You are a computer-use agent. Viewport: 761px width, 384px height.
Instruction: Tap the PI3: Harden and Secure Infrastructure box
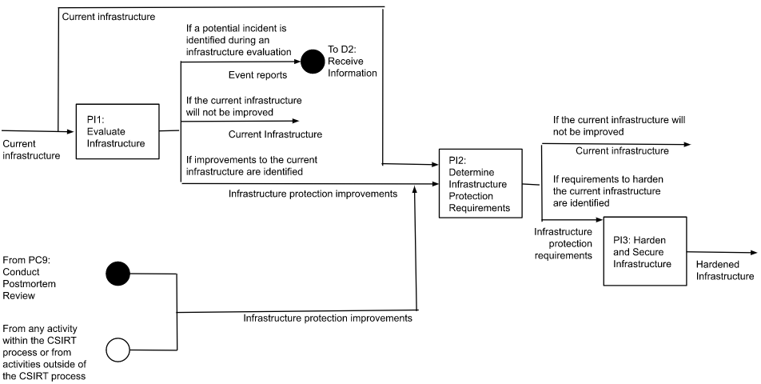pos(644,250)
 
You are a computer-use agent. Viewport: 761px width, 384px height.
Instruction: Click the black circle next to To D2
pos(312,62)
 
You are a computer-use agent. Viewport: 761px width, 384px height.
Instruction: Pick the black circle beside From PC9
pos(118,274)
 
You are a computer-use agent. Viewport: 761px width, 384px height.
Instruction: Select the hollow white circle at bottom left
pos(118,348)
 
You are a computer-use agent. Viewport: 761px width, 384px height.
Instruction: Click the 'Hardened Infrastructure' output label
pos(723,270)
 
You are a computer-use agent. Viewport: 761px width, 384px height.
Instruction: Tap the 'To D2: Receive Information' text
pos(352,62)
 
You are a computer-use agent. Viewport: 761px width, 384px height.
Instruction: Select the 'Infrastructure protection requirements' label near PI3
pos(563,243)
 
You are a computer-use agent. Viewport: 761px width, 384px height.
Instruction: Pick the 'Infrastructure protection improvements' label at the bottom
pos(327,318)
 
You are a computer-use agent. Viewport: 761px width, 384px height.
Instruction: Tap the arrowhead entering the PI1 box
pos(71,130)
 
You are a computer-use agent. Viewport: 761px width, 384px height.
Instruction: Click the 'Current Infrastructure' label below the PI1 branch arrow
pos(275,134)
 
